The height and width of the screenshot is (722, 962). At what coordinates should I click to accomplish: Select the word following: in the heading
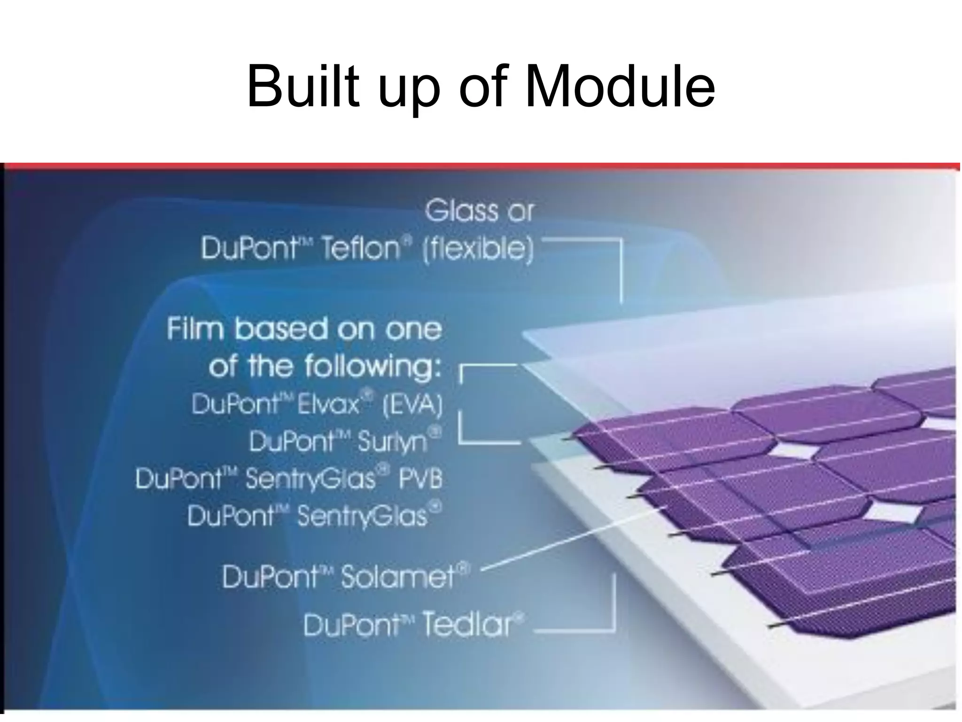(x=373, y=367)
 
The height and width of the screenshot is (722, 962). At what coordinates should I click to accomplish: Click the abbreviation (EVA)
(x=412, y=405)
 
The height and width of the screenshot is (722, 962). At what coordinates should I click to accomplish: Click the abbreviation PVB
(x=420, y=479)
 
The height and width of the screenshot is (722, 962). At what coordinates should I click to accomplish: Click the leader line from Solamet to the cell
(x=573, y=539)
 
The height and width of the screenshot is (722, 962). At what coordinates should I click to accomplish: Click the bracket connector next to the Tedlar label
(x=613, y=611)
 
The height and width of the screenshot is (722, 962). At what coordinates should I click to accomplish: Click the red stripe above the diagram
(x=479, y=166)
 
